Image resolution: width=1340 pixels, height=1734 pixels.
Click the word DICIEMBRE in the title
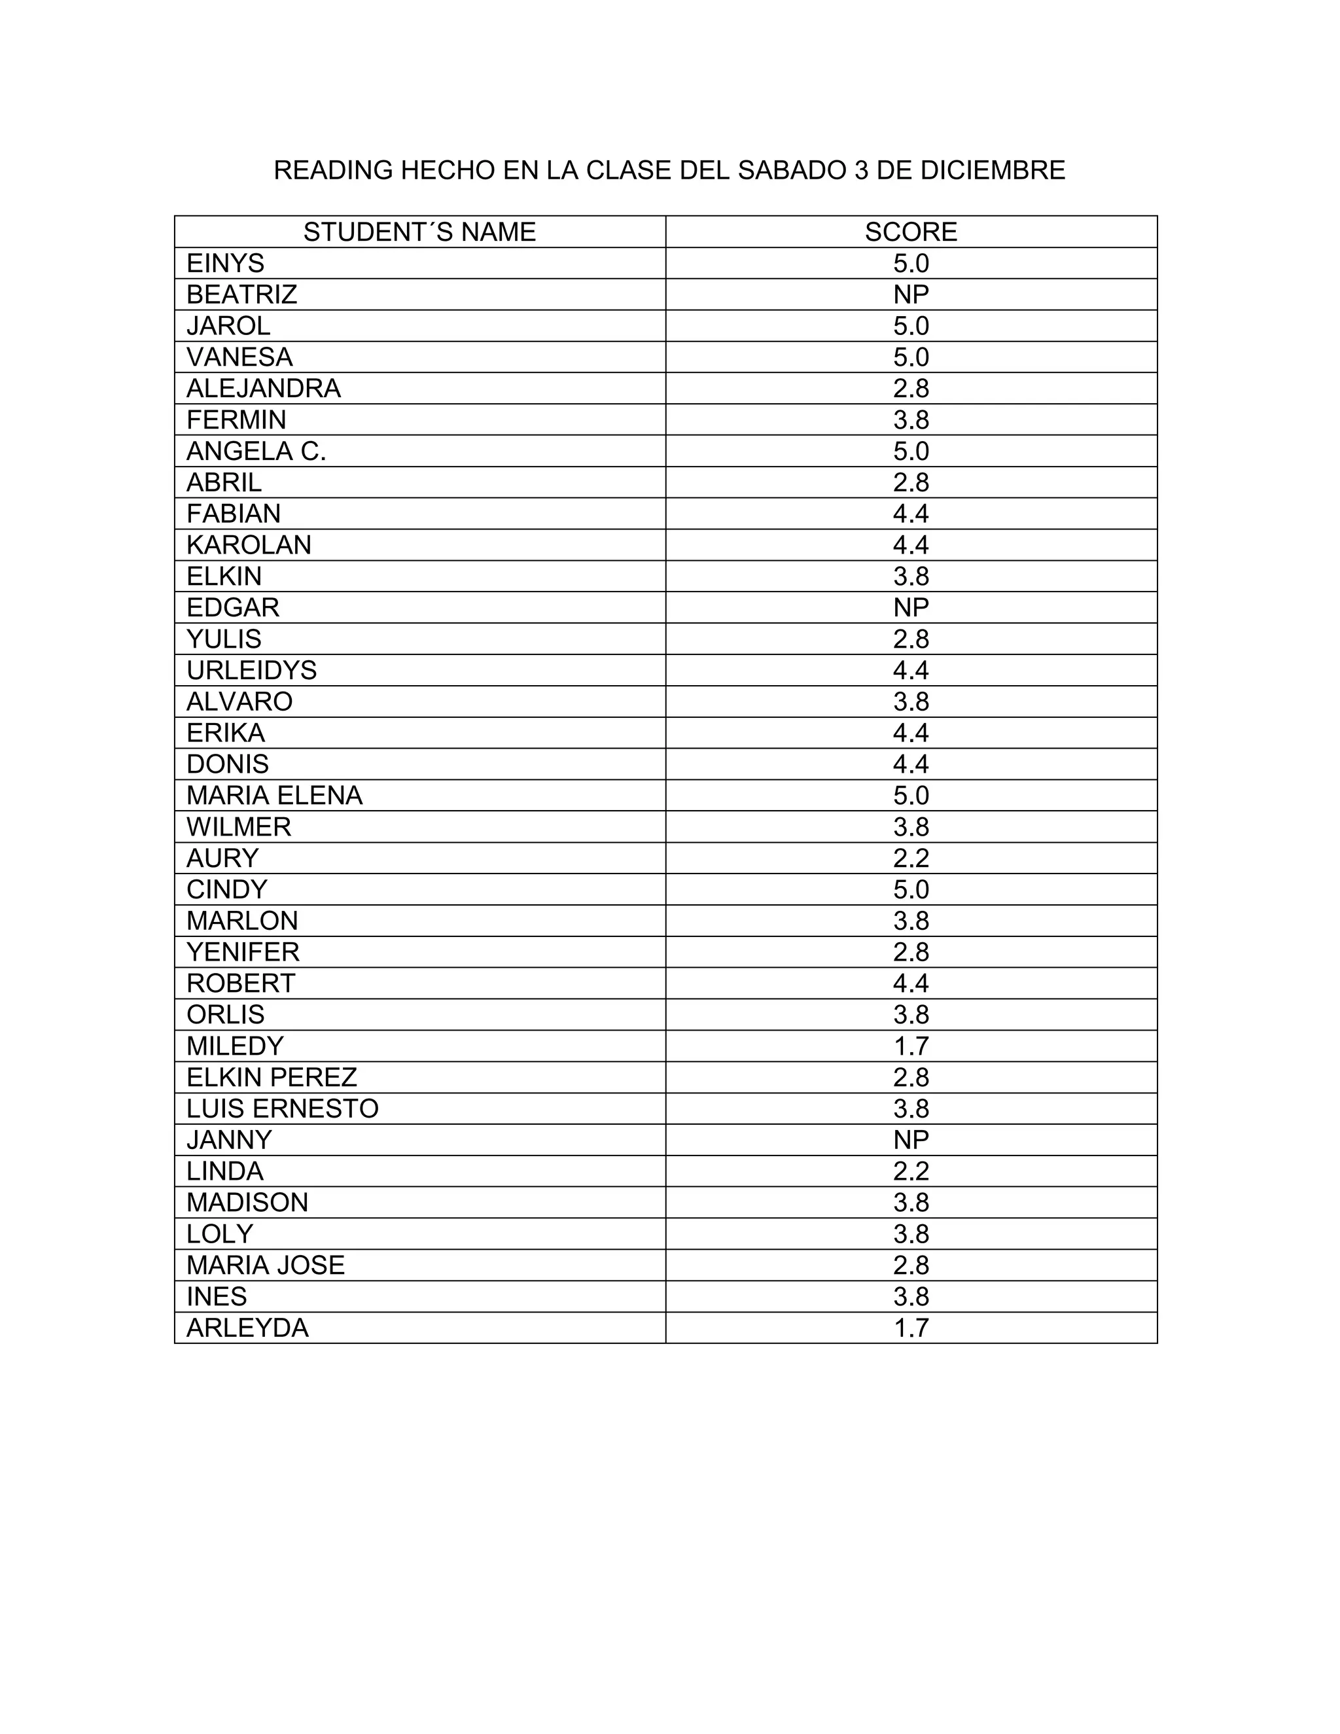[993, 170]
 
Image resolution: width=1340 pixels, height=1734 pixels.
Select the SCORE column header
[911, 232]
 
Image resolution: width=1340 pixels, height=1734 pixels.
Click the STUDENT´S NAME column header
[419, 232]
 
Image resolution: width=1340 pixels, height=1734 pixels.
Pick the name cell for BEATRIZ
[241, 294]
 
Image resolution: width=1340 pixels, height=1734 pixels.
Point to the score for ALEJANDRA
[911, 388]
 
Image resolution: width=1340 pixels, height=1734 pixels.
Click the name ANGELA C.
[256, 451]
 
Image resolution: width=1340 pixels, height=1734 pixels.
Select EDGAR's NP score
[911, 607]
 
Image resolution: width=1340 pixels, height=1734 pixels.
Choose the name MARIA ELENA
[274, 796]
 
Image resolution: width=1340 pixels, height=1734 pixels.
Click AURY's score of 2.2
[911, 858]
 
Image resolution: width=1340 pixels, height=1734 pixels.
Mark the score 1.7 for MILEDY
[911, 1046]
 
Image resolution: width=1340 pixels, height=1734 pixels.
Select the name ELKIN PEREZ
[272, 1078]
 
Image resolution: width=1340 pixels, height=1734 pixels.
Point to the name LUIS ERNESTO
[282, 1108]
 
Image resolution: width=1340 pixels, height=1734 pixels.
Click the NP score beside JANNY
[911, 1140]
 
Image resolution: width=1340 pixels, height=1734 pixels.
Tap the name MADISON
[247, 1202]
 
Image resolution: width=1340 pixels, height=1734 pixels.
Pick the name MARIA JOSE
[265, 1265]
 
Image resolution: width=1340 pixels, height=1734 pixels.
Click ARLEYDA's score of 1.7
[911, 1328]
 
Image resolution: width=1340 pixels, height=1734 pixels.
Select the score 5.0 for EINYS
[911, 264]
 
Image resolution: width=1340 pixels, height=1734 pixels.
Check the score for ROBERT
[911, 983]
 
